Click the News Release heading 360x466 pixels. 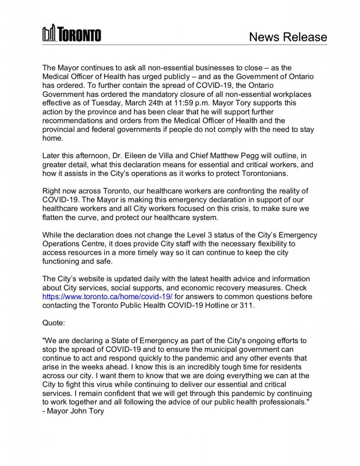(x=288, y=37)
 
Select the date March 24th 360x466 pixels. (x=152, y=103)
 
